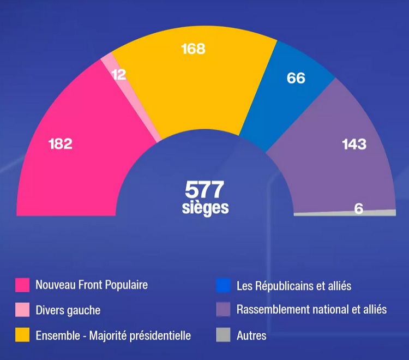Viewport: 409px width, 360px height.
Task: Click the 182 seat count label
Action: pos(60,144)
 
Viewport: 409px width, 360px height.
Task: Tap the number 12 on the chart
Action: pos(119,75)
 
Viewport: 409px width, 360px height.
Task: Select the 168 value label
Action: pos(193,49)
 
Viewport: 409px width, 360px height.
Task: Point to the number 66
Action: pos(296,78)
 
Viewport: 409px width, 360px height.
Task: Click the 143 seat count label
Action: pos(354,144)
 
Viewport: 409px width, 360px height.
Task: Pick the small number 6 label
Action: pos(359,208)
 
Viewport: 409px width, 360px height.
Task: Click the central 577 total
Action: pos(204,189)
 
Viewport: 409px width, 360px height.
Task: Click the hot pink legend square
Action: pos(22,285)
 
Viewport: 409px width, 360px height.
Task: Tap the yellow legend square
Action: pos(22,335)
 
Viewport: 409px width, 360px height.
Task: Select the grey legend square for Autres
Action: pos(223,335)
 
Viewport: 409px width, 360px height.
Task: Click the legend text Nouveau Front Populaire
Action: pos(92,285)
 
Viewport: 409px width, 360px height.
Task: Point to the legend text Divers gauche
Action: pos(68,310)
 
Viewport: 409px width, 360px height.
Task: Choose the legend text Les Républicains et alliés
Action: pos(294,285)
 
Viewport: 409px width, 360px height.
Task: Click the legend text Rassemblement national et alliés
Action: pos(311,310)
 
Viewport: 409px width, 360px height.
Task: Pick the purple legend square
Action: pos(223,310)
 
